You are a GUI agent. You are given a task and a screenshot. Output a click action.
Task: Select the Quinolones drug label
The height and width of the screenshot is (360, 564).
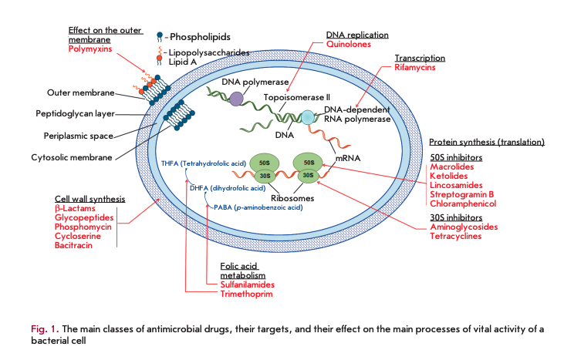click(x=349, y=45)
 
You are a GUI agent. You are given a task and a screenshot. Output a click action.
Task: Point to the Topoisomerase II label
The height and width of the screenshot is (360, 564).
click(x=297, y=98)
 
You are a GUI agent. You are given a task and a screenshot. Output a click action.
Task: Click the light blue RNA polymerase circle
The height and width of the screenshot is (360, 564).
click(x=308, y=118)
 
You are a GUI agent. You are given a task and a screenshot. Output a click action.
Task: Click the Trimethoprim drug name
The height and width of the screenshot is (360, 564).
click(x=241, y=294)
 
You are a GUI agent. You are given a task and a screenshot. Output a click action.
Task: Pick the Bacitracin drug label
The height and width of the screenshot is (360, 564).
click(x=74, y=244)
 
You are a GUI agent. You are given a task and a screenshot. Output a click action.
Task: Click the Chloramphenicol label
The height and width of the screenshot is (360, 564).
click(x=463, y=204)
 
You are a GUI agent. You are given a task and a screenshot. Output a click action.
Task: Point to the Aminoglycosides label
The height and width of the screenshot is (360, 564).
click(x=464, y=227)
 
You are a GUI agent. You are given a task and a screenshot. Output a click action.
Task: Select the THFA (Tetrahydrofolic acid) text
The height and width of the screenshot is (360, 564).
click(x=203, y=163)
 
